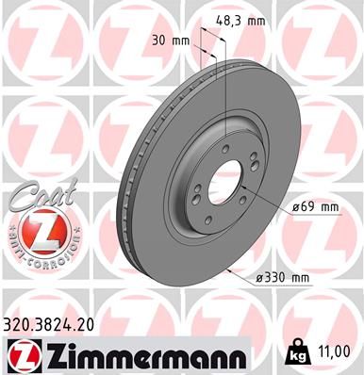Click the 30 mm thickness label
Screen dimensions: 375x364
point(172,41)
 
